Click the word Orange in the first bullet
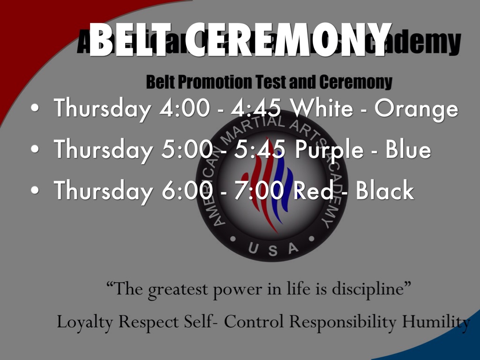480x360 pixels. click(416, 109)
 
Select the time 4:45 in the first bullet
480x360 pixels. click(255, 109)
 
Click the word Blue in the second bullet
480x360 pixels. click(408, 150)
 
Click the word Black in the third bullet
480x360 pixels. click(385, 191)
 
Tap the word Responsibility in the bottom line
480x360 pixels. click(342, 322)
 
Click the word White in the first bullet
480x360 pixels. click(321, 109)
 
